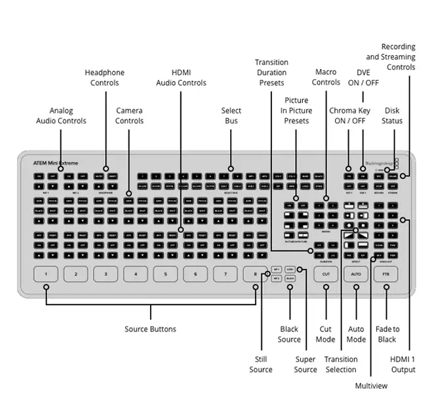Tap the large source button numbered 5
[x=165, y=275]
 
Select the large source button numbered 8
[x=255, y=275]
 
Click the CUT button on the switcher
[x=325, y=274]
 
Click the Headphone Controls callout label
[x=105, y=77]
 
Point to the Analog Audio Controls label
[x=61, y=115]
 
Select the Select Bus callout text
[x=231, y=115]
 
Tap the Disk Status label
[x=392, y=115]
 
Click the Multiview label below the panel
[x=371, y=386]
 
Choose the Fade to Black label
[x=387, y=334]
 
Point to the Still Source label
[x=260, y=364]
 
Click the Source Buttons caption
[x=150, y=329]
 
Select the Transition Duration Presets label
[x=271, y=72]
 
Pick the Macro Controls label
[x=326, y=77]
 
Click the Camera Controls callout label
[x=129, y=115]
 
